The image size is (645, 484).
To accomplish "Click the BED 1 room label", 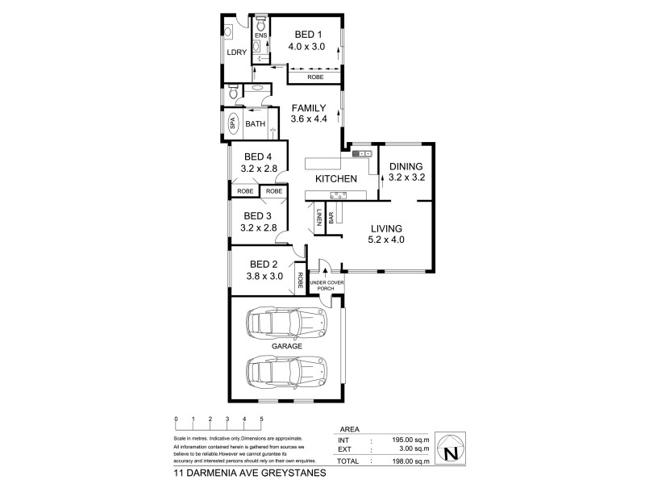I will [308, 34].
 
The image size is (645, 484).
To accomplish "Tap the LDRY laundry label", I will [236, 52].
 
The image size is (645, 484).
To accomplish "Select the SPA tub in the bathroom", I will [232, 123].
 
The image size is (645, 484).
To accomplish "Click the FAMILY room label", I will [308, 107].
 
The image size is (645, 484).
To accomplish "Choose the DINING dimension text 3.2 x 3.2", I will [406, 177].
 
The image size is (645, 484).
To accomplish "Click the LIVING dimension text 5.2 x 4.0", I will [387, 239].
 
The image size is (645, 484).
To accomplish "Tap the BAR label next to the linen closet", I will [331, 218].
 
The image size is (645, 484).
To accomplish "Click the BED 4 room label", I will [259, 157].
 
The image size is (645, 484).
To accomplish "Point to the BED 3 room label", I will [259, 215].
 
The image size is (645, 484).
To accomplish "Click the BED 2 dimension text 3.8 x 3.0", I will [265, 276].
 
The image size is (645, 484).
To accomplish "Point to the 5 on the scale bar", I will [261, 419].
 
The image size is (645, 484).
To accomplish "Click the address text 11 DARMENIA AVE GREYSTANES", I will [249, 474].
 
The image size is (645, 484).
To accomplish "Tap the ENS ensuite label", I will [260, 36].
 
